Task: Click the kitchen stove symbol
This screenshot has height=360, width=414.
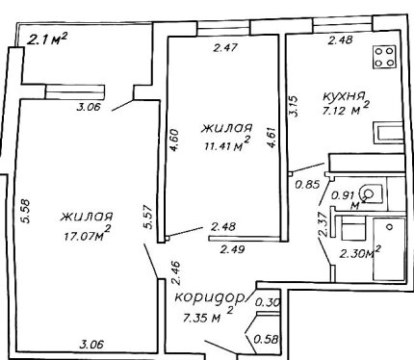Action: coord(384,57)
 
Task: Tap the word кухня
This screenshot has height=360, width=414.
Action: coord(344,96)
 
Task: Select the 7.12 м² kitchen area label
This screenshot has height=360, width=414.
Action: coord(345,109)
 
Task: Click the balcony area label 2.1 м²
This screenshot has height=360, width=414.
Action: coord(47,39)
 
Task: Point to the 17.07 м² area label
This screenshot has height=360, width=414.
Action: coord(88,234)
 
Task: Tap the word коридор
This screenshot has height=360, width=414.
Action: coord(209,297)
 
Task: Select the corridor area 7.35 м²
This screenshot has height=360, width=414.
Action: coord(208,316)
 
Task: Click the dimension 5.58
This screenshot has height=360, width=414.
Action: coord(26,211)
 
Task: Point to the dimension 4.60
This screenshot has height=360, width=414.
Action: coord(173,141)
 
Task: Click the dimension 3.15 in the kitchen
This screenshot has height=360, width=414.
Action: coord(295,106)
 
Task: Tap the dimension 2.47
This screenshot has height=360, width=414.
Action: coord(225,48)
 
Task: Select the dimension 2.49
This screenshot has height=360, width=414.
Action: coord(232,249)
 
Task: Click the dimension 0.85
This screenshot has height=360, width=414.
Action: coord(308,185)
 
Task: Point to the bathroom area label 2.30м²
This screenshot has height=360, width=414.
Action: coord(360,252)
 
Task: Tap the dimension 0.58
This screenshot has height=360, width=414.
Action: coord(266,339)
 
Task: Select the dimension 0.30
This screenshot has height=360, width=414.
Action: coord(268,302)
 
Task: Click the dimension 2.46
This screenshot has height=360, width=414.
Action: coord(176,273)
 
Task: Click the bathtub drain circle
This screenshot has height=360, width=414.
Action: coord(390,227)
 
